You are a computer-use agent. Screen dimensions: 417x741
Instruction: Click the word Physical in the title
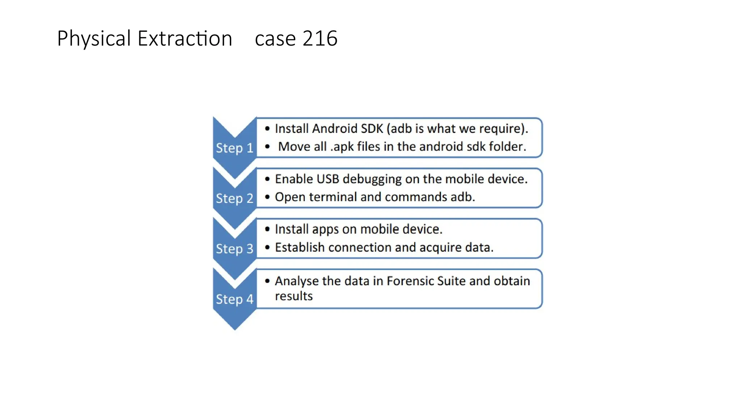94,39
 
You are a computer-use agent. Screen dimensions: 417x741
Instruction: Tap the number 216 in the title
320,39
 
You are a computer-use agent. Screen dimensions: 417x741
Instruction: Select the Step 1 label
234,148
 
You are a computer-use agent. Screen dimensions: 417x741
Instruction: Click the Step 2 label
234,198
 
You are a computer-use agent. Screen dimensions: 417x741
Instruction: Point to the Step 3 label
234,249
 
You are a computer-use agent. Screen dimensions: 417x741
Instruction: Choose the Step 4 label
234,299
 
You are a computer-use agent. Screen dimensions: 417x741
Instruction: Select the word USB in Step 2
328,179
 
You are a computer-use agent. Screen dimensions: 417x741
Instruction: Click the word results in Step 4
294,296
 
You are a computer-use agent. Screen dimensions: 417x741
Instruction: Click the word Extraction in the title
185,39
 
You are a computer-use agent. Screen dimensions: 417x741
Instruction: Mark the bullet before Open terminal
267,197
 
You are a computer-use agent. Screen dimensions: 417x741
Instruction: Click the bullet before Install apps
267,229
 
